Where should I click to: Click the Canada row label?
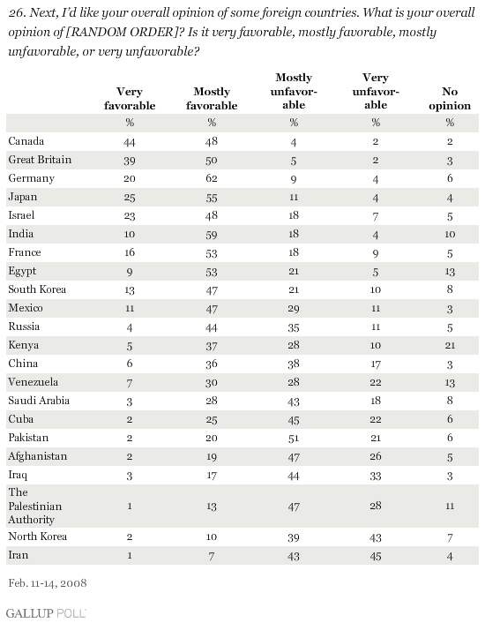(x=26, y=141)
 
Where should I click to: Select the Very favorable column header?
(x=130, y=99)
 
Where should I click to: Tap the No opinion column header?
(x=450, y=99)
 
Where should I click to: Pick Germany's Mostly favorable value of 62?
(x=212, y=178)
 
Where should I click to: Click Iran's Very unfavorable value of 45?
(x=376, y=556)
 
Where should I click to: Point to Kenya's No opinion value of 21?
(x=450, y=345)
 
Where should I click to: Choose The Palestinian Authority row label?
(x=35, y=506)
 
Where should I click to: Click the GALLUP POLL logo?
(x=46, y=613)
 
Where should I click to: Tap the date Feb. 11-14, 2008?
(x=48, y=583)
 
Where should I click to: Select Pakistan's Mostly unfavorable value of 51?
(x=294, y=438)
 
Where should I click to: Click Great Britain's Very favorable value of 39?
(x=130, y=160)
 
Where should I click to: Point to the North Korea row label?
(x=38, y=537)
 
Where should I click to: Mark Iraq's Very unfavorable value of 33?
(x=376, y=476)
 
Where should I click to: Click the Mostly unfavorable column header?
(x=294, y=91)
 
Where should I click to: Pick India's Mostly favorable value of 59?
(x=212, y=234)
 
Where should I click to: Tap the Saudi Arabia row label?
(x=39, y=400)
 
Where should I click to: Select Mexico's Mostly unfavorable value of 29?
(x=294, y=308)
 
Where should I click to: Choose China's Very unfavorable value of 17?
(x=376, y=364)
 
